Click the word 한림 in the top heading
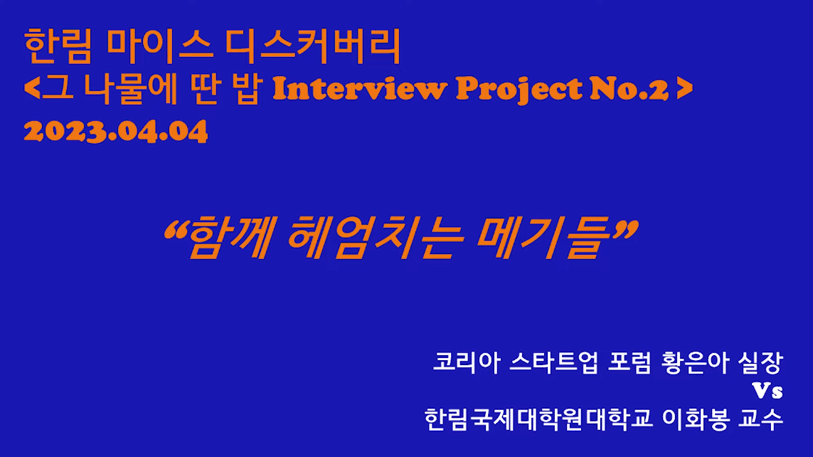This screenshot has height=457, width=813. point(58,46)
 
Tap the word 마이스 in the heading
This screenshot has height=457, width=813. point(159,46)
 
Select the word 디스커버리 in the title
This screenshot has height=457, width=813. point(313,46)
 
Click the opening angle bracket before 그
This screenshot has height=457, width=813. point(31,88)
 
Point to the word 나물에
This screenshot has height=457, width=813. point(131,89)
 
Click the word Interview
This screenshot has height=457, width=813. point(360,88)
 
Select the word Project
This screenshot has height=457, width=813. point(519,89)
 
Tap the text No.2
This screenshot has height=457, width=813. point(629,89)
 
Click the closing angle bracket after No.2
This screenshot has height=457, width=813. point(685,88)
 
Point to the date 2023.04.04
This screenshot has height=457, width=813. point(116,131)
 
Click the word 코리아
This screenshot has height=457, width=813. point(467,362)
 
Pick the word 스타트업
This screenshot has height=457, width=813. point(553,362)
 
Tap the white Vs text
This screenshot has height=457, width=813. point(767,391)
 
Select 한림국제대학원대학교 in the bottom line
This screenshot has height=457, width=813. point(538,419)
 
